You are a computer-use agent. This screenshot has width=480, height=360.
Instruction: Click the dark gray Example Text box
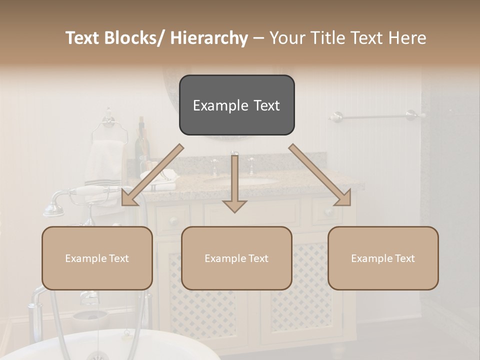236,105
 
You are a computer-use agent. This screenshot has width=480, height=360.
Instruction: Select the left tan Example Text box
97,258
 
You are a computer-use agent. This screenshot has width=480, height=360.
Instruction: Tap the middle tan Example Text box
236,258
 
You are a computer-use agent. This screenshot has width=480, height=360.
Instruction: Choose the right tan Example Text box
383,258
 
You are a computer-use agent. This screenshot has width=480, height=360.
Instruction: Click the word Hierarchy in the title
209,38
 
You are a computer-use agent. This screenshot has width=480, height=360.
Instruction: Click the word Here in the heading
406,38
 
